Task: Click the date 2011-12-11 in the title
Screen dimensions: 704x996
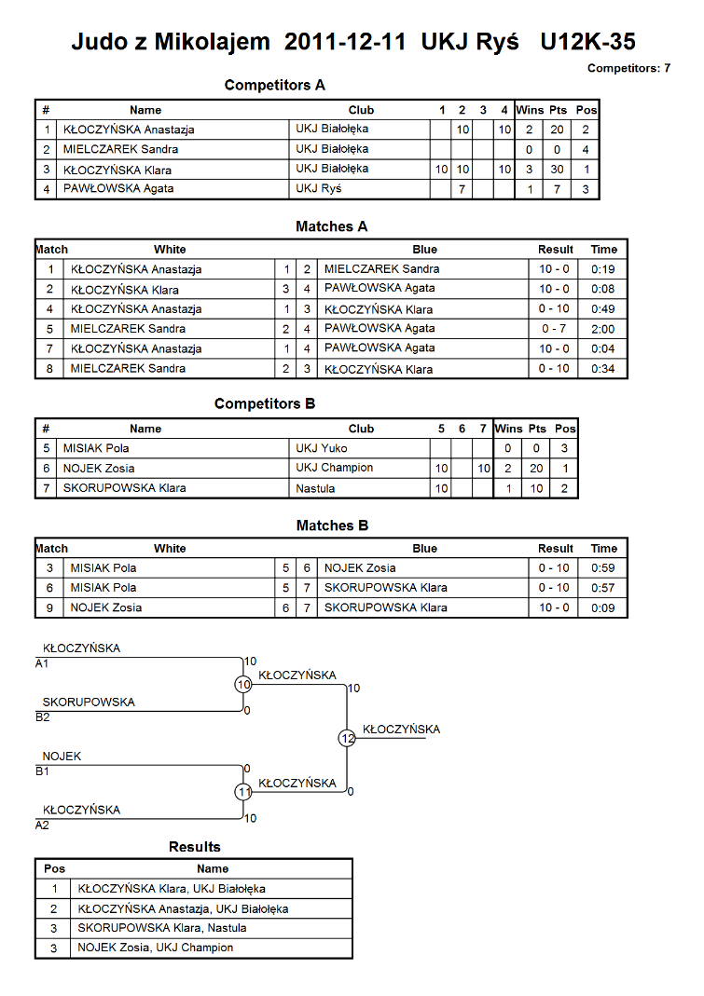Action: pos(345,42)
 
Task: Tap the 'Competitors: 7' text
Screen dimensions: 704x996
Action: pos(628,68)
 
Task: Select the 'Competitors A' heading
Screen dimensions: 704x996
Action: pos(274,85)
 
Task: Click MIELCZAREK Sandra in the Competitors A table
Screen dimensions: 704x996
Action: pos(120,149)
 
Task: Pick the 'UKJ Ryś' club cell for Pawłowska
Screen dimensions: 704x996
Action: pos(318,188)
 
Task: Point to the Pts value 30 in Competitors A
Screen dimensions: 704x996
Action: pos(557,170)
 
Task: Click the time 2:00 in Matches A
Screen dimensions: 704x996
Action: pos(603,329)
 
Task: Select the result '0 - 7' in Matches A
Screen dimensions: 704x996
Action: pos(553,329)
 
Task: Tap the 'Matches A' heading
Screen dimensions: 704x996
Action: pos(331,226)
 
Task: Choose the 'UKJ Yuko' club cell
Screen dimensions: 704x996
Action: pos(321,448)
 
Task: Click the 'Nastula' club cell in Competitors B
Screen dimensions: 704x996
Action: pos(315,488)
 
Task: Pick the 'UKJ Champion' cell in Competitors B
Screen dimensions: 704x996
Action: pos(334,468)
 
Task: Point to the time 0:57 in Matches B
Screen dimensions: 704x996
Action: pos(603,588)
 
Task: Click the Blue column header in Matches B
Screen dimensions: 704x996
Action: pos(425,549)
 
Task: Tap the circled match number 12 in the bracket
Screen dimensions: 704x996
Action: pos(347,738)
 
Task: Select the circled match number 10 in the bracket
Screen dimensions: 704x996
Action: pos(243,684)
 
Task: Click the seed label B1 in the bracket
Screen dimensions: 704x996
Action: pos(42,771)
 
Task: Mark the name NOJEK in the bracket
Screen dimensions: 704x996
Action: pos(62,757)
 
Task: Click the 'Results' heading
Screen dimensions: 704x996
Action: pos(195,847)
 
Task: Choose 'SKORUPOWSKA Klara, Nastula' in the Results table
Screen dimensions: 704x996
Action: pos(161,928)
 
